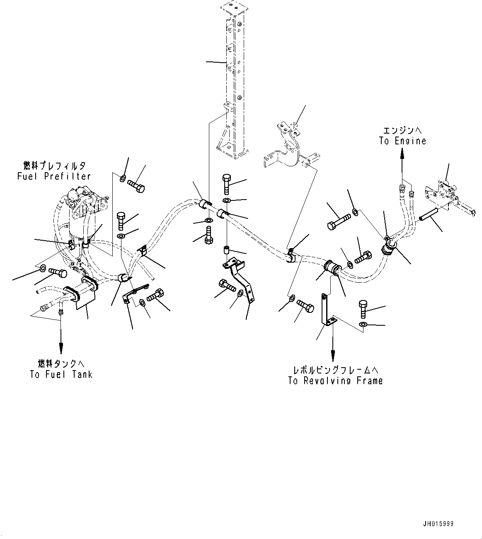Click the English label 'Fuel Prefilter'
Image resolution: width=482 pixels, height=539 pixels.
54,176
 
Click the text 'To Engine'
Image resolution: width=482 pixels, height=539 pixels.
402,141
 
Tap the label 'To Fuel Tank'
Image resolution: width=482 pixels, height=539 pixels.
61,374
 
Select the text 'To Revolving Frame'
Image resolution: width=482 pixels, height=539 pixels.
336,380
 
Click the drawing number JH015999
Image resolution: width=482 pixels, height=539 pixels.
438,524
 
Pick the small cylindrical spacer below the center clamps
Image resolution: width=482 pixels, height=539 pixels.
227,251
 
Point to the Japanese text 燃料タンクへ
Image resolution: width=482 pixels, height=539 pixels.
61,364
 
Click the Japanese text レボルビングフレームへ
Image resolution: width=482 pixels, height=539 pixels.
336,369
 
